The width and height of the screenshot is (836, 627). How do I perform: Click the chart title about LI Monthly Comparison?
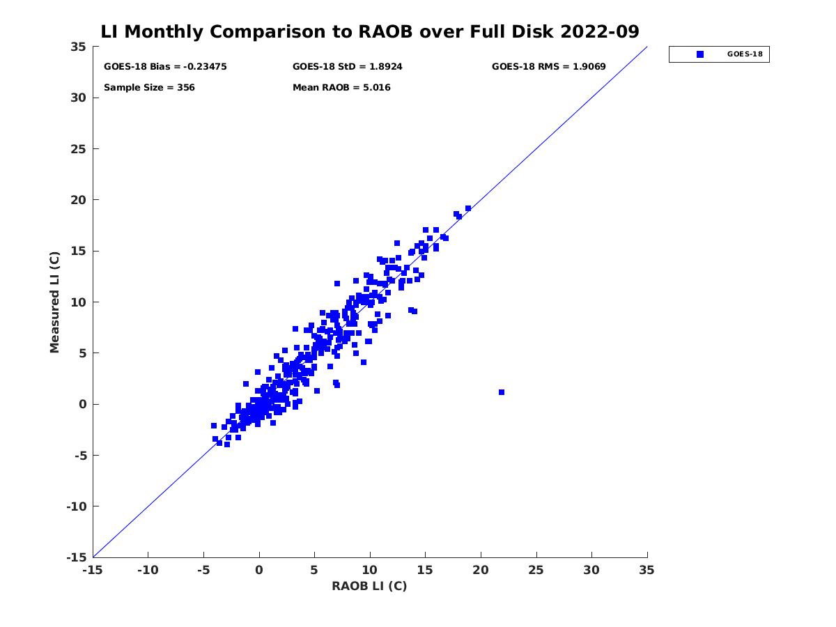coord(370,32)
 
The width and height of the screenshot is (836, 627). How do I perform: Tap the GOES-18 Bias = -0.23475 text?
coord(165,67)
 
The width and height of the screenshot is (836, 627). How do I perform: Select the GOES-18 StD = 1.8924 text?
coord(347,67)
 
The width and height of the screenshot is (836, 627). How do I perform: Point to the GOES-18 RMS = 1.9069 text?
coord(548,67)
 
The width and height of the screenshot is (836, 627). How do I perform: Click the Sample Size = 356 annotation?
coord(149,88)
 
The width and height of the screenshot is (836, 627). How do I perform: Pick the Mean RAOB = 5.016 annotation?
coord(341,88)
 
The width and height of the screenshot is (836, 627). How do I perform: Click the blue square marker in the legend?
coord(700,54)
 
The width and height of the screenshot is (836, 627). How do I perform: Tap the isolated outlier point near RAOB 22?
coord(502,392)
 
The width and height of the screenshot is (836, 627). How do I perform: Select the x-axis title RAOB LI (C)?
coord(369,586)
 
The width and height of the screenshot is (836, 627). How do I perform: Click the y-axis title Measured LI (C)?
coord(55,302)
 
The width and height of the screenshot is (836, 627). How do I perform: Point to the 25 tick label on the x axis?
coord(536,570)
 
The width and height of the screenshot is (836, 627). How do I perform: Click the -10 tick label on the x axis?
coord(148,570)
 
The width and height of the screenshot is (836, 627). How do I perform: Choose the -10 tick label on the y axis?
coord(75,506)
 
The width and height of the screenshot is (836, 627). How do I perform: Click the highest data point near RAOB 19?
coord(468,208)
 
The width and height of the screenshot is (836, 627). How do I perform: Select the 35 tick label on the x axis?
coord(647,570)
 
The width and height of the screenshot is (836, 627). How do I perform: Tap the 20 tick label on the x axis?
coord(481,570)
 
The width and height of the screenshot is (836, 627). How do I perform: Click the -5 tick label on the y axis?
coord(78,456)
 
